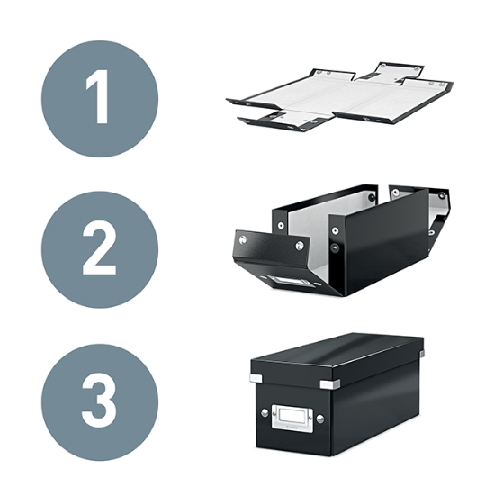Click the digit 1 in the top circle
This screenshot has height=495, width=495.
(99, 97)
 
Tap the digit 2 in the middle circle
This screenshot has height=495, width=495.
(99, 250)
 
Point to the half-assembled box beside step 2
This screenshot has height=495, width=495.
(341, 239)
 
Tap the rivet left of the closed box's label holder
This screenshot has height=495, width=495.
(265, 412)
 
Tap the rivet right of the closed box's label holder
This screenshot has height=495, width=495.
(319, 418)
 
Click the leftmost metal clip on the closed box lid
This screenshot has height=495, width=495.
(256, 377)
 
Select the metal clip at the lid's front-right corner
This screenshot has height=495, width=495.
(330, 384)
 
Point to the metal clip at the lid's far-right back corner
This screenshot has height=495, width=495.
(422, 354)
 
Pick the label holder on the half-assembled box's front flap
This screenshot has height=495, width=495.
(285, 281)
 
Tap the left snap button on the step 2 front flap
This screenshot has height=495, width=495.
(243, 239)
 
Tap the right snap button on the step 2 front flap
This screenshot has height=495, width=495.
(300, 245)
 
